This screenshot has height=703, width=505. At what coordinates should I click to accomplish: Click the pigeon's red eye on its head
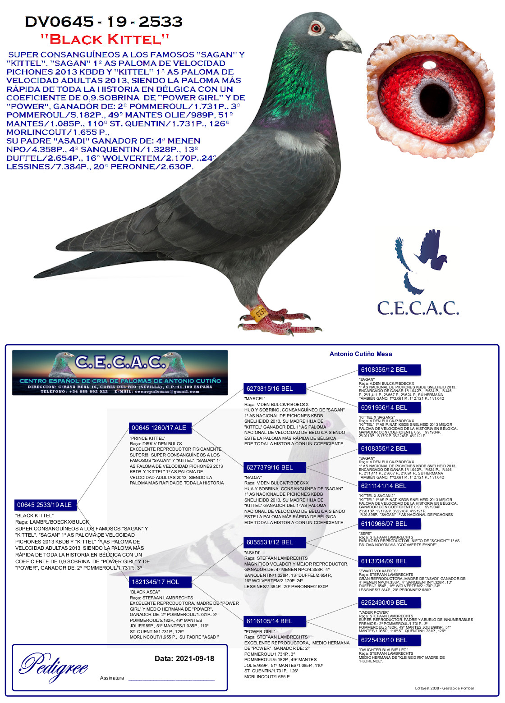[x=317, y=27]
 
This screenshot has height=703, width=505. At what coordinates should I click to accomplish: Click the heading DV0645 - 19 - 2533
[x=104, y=22]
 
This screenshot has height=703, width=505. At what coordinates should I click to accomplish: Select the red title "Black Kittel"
[x=105, y=39]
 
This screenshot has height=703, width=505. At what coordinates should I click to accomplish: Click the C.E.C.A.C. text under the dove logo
[x=418, y=308]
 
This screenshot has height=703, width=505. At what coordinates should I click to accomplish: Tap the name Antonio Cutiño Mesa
[x=361, y=354]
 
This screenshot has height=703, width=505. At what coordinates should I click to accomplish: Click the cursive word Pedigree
[x=54, y=666]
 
